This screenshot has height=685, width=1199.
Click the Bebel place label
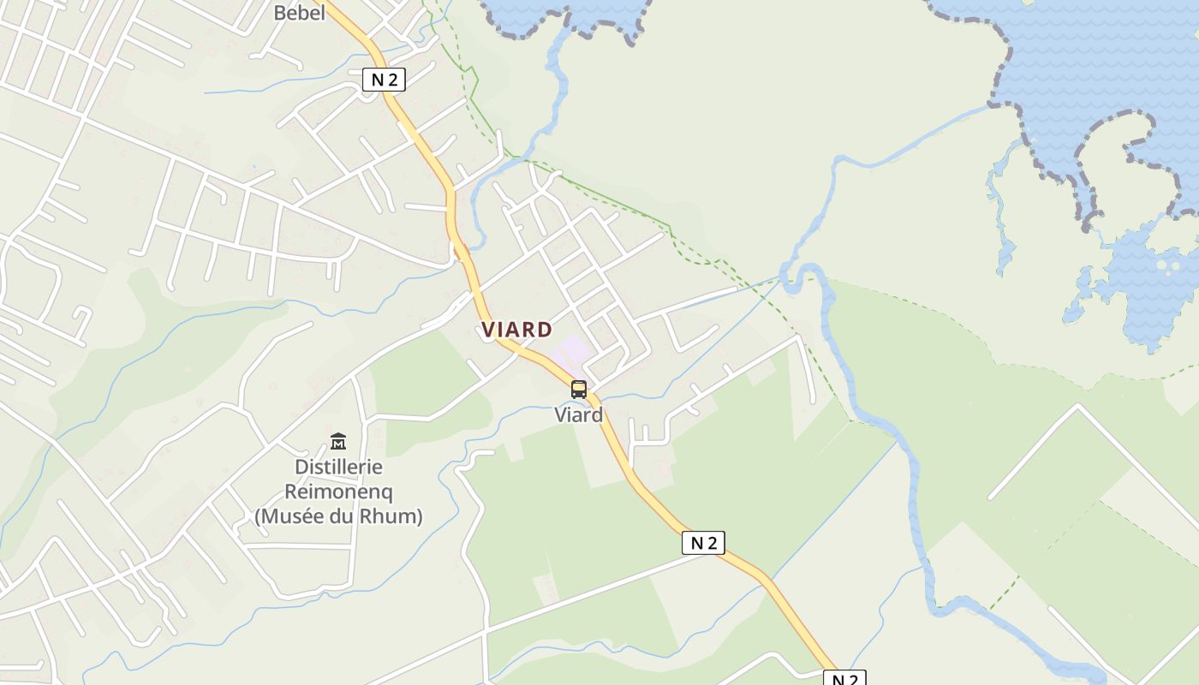pos(299,13)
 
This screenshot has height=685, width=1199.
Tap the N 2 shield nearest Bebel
pos(384,80)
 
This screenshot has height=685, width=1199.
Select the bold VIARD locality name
pos(516,330)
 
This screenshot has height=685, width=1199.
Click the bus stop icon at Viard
pos(579,390)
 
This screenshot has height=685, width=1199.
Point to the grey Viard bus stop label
pos(579,415)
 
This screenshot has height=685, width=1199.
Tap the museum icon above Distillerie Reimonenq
pos(338,442)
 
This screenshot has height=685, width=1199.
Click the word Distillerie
pos(338,468)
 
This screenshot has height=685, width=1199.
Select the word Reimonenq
pos(338,492)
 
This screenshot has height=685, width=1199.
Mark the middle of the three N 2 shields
pos(703,543)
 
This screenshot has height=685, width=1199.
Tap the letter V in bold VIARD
pos(487,330)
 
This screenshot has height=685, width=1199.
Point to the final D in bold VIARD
pos(546,330)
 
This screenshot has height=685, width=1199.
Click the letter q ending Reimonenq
pos(386,494)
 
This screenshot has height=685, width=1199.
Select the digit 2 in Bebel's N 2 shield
pos(392,80)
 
